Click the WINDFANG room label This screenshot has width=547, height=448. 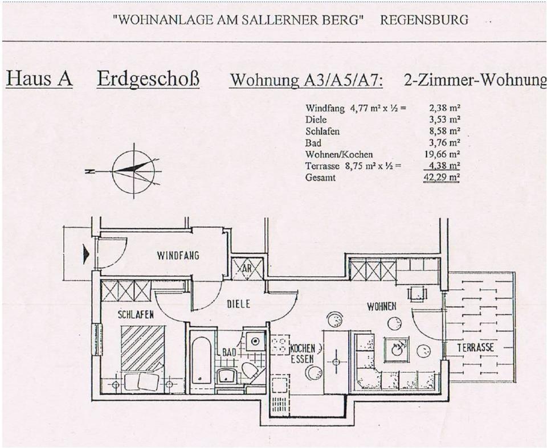(x=178, y=256)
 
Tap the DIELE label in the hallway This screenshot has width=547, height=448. (x=239, y=305)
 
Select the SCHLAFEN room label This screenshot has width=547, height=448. (x=136, y=314)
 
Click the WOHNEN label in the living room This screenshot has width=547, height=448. (x=381, y=307)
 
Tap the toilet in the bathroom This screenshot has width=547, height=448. (x=249, y=371)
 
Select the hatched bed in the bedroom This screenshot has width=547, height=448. (x=142, y=348)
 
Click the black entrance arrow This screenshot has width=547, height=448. (x=86, y=254)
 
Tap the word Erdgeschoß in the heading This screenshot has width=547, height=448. (x=148, y=79)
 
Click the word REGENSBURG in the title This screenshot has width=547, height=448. (x=424, y=20)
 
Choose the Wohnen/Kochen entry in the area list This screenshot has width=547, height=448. (x=339, y=154)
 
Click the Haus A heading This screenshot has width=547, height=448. (x=39, y=79)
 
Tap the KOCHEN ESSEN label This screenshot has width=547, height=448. (x=302, y=354)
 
